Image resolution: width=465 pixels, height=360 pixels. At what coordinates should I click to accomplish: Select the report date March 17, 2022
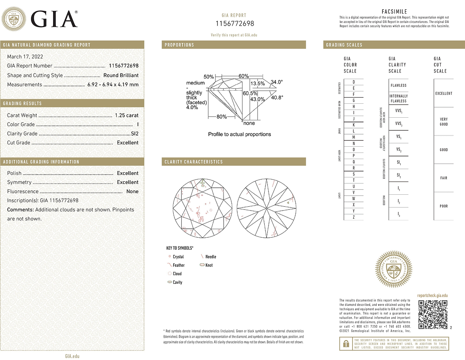point(25,57)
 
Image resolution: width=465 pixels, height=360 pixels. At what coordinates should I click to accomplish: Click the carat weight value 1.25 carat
point(127,115)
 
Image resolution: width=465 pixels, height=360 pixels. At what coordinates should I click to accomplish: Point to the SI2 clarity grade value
point(134,134)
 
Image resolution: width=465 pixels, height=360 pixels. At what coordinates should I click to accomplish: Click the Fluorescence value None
point(132,191)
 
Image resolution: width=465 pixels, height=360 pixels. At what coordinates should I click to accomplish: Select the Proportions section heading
point(179,45)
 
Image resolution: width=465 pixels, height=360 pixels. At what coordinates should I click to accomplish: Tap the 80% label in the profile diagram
point(222,117)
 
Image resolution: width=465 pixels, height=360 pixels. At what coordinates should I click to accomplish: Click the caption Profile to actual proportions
point(239,134)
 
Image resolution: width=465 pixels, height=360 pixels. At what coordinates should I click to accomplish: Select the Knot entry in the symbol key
point(209,265)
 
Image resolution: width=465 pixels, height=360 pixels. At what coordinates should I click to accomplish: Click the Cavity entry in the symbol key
point(177,282)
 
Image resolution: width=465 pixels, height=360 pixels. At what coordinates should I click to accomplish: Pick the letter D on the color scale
point(353,82)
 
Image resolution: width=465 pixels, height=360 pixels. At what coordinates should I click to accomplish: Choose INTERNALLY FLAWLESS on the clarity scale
point(398,98)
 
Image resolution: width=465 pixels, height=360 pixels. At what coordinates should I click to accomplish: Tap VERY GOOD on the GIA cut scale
point(444,122)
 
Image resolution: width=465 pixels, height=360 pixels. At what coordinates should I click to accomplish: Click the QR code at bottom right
point(433,314)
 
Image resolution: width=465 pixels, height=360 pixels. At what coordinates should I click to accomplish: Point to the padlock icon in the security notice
point(344,343)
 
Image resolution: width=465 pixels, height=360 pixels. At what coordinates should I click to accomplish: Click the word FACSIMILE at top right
point(394,12)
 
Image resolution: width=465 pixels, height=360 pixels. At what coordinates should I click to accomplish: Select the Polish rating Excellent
point(127,173)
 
